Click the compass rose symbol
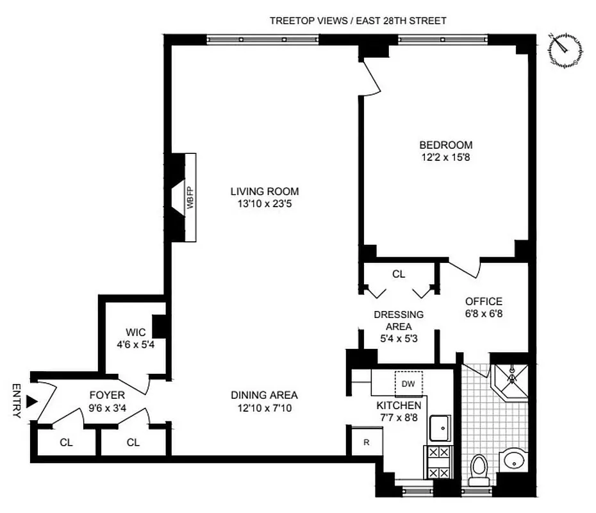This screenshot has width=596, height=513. pos(565,50)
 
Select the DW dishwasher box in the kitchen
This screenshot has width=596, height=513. pos(408,383)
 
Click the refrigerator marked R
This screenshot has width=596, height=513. pos(367,442)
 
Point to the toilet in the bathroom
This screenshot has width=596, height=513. pos(479,469)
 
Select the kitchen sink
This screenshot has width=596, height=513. pos(440,427)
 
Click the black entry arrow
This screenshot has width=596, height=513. pos(31,401)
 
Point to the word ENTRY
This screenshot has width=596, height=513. pos(16,401)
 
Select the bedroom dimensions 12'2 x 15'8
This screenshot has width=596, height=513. pos(446,156)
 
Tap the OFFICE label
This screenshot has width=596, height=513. pos(484,301)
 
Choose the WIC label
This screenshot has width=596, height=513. pos(135,332)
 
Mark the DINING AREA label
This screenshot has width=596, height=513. pos(265,395)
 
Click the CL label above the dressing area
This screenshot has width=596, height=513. pos(399,274)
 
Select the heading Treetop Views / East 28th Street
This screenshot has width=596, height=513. pos(358,21)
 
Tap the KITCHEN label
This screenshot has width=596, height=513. pos(399,405)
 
